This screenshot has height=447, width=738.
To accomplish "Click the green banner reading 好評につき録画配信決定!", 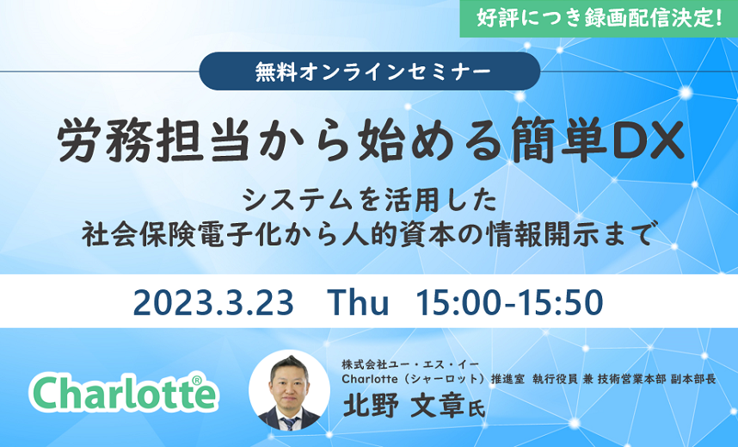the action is pyautogui.click(x=599, y=18).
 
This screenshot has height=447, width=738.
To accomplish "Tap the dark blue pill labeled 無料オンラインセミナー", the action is pyautogui.click(x=370, y=71).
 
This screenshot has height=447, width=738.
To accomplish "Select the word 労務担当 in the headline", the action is pyautogui.click(x=153, y=140).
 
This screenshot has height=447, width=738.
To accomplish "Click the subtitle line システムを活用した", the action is pyautogui.click(x=370, y=200).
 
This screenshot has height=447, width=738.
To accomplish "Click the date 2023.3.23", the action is pyautogui.click(x=213, y=302).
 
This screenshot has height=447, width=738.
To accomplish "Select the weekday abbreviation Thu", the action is pyautogui.click(x=358, y=301).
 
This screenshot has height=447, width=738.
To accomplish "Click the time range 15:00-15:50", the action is pyautogui.click(x=509, y=302).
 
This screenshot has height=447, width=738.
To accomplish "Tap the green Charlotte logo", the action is pyautogui.click(x=124, y=392).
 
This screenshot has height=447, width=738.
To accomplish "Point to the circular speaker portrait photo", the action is pyautogui.click(x=290, y=390).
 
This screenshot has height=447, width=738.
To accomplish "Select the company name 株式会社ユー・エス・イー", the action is pyautogui.click(x=410, y=364).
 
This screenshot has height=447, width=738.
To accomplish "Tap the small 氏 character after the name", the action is pyautogui.click(x=477, y=409).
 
